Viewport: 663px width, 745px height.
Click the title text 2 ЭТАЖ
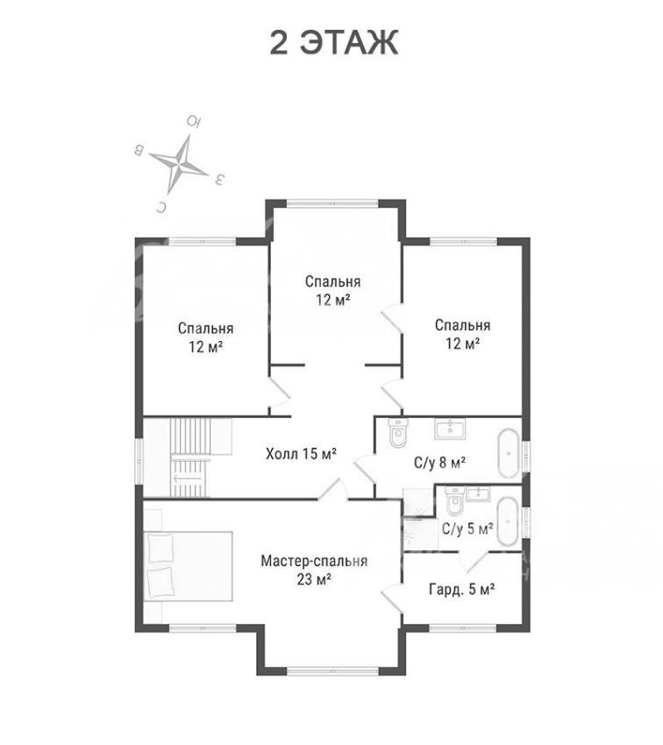point(333,43)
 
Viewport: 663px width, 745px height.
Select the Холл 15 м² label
point(302,454)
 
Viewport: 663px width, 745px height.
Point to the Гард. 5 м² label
point(461,590)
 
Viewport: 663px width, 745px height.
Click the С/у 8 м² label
point(439,462)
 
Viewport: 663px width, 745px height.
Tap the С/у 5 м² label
point(467,529)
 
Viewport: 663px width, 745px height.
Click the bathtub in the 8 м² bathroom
point(508,453)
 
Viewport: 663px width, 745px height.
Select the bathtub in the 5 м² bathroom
point(508,521)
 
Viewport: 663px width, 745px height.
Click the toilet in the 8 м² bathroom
point(397,433)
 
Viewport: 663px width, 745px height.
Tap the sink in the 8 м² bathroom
point(450,429)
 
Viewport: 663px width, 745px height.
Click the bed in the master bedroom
point(189,566)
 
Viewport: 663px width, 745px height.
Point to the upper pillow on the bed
point(160,549)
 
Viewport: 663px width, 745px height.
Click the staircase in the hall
point(190,458)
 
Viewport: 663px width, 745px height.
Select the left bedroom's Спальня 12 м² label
point(206,337)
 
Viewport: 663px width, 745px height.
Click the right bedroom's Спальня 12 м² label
point(462,335)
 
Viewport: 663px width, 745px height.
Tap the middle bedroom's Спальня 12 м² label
point(332,291)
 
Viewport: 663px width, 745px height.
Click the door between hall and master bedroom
point(333,489)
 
